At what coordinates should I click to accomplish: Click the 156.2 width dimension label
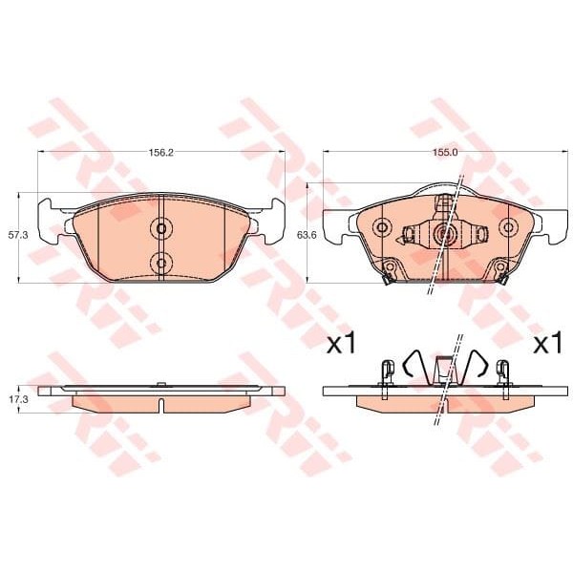(160, 152)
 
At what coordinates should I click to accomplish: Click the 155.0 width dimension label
(445, 152)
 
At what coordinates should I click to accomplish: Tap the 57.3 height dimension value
(18, 235)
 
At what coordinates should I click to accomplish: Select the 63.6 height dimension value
(307, 235)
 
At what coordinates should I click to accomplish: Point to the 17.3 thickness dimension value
(18, 399)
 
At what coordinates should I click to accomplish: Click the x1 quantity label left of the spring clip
(341, 344)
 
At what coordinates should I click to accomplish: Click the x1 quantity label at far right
(547, 344)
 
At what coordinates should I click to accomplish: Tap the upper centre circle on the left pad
(160, 229)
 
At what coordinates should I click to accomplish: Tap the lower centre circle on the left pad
(160, 262)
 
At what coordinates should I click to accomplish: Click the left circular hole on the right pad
(382, 227)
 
